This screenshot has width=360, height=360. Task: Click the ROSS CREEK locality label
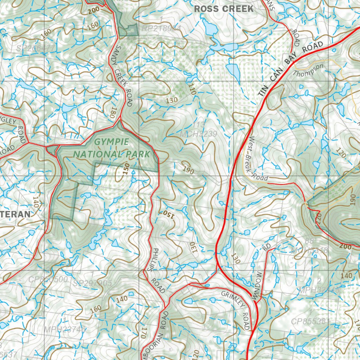pos(224,9)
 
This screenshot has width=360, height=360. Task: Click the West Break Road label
pos(257,159)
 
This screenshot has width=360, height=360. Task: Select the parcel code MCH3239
pos(198,134)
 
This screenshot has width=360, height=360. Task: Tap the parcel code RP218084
pos(161,28)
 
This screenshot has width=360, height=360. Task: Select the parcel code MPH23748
pos(65,329)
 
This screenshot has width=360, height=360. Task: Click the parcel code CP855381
pos(310,321)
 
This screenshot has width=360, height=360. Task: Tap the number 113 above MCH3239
pos(199,125)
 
